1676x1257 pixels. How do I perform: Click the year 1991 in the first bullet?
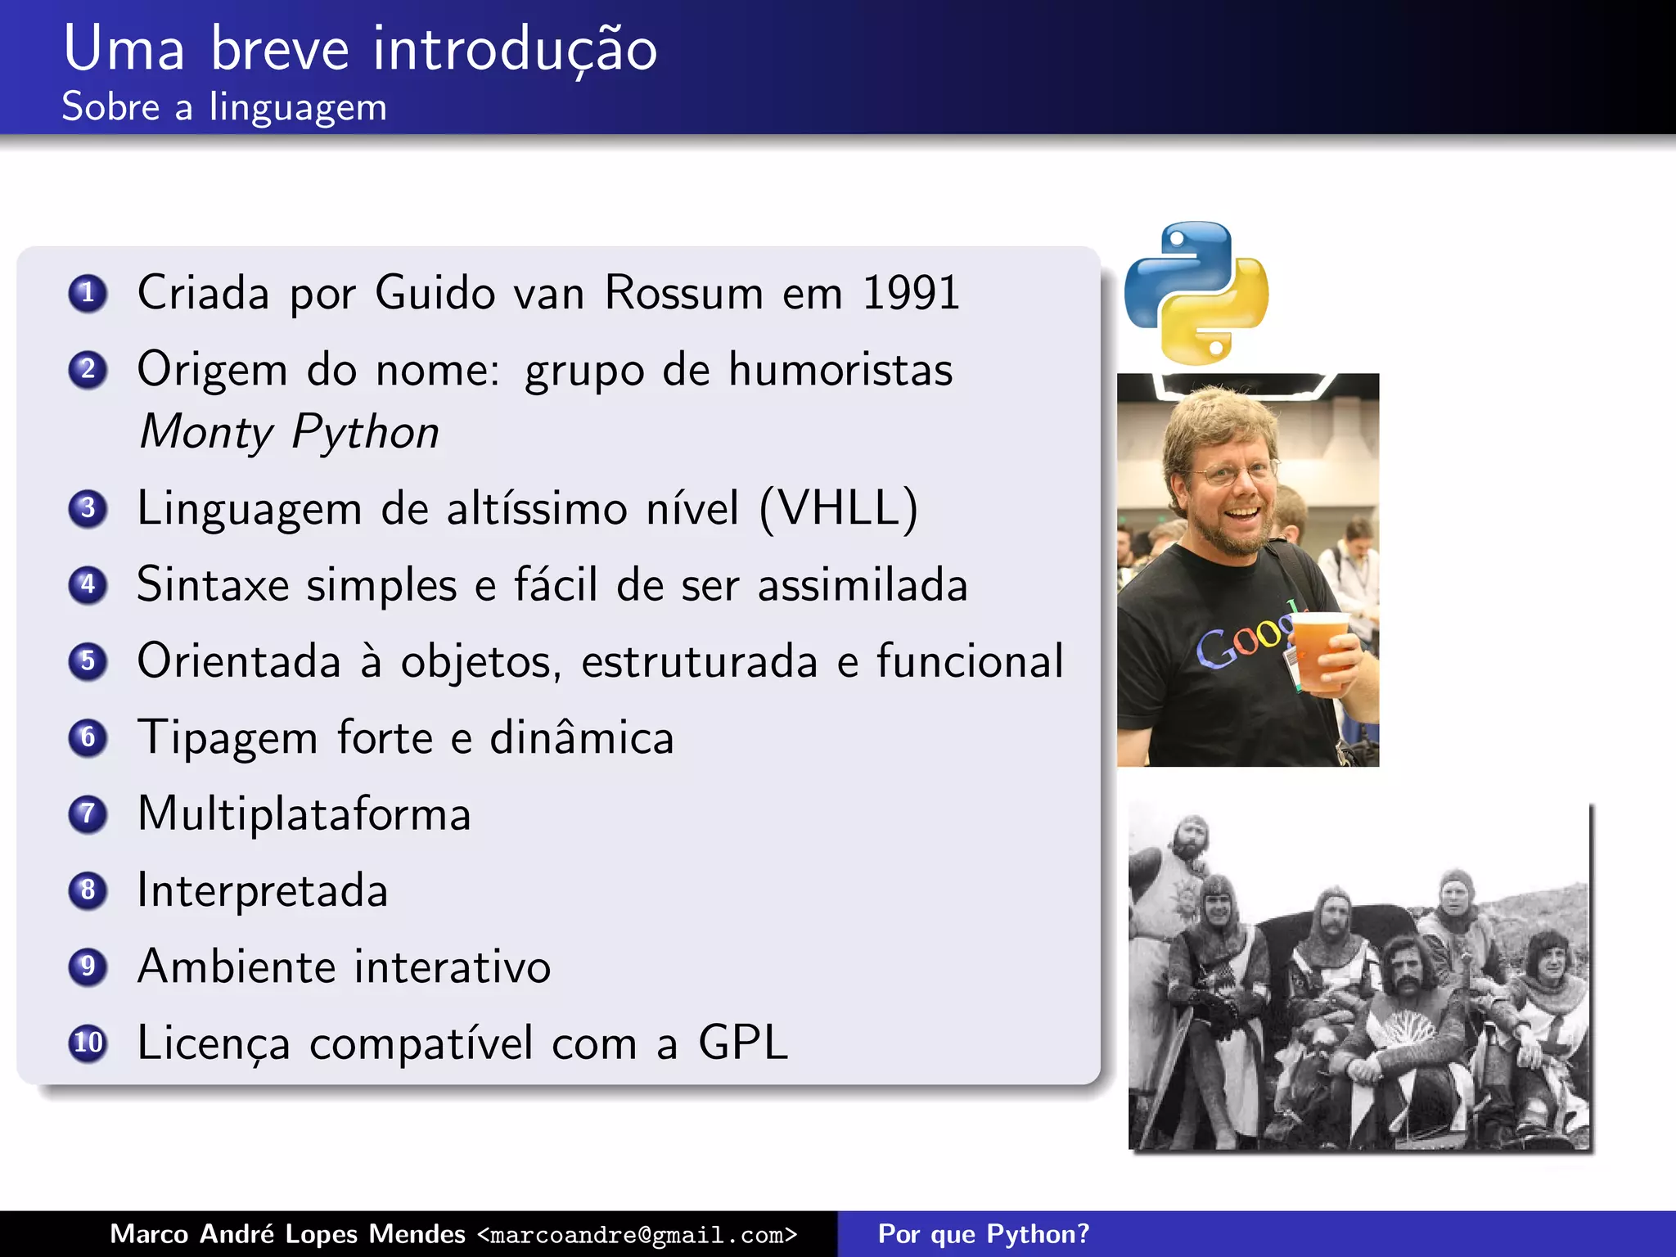[x=911, y=292]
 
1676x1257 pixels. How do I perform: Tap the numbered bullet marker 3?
[x=88, y=508]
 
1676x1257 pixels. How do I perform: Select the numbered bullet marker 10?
[x=88, y=1043]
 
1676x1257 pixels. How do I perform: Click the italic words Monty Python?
[x=289, y=433]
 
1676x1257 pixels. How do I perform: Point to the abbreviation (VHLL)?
[x=839, y=508]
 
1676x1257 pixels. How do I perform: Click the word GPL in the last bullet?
[x=742, y=1043]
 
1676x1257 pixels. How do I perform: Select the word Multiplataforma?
[x=304, y=813]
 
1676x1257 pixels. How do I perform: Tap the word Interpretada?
[x=262, y=890]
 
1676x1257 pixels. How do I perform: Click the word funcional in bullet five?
[x=970, y=661]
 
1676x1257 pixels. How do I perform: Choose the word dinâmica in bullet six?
[x=581, y=737]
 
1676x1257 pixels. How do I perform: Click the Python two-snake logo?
[x=1196, y=292]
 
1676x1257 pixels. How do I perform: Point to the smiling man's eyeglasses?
[x=1236, y=472]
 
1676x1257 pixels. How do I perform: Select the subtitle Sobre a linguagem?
[x=224, y=107]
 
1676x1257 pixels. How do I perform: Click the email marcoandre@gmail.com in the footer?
[x=637, y=1234]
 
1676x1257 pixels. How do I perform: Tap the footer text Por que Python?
[x=983, y=1234]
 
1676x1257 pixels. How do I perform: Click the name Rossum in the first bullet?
[x=684, y=292]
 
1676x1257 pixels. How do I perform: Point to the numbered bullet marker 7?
[x=88, y=813]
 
